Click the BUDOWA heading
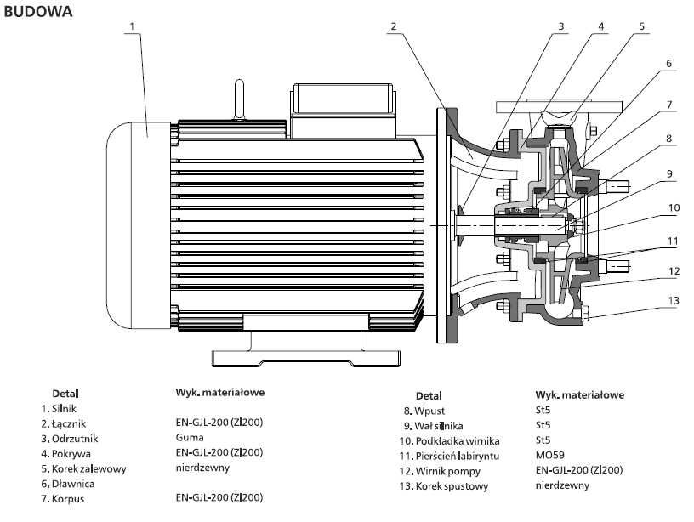38,12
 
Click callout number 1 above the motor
133,26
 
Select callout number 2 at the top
394,26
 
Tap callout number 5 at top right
642,26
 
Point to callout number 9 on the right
669,174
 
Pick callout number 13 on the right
674,301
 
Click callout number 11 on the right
672,241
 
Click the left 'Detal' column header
65,394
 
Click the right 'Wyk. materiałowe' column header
580,395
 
